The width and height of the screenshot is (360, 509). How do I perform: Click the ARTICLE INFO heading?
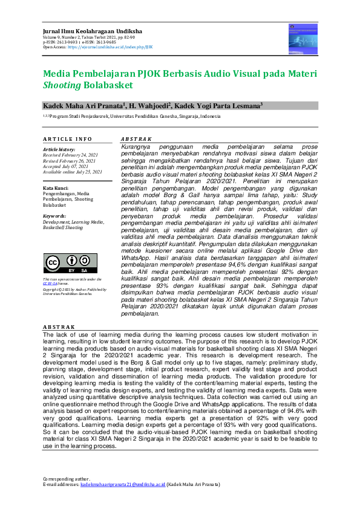click(x=67, y=139)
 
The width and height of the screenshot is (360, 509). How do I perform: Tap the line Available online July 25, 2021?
click(x=72, y=172)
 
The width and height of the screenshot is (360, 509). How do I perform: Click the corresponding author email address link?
click(x=123, y=484)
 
